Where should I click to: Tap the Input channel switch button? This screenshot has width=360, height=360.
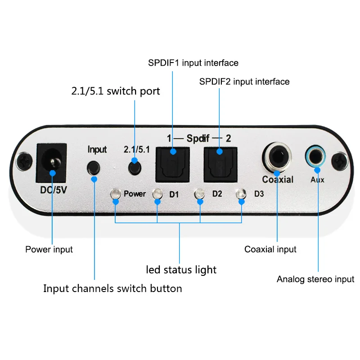point(94,168)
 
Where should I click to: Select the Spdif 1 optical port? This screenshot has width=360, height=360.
point(172,162)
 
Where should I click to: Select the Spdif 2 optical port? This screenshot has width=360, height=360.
point(220,162)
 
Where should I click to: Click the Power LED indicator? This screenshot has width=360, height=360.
point(116,194)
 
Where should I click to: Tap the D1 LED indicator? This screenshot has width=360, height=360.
point(157,194)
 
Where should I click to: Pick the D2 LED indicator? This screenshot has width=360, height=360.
point(199,194)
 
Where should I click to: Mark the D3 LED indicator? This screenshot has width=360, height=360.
point(241,194)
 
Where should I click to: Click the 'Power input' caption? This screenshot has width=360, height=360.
point(49,249)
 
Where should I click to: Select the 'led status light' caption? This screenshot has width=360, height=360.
point(181,270)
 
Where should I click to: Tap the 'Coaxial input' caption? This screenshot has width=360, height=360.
point(270,249)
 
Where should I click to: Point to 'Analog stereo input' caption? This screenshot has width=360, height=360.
point(315,279)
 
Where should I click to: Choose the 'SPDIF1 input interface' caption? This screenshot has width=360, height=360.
point(193,63)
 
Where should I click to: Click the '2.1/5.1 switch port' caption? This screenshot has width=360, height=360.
point(116,91)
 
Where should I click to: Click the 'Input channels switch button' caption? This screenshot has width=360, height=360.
point(112,288)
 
